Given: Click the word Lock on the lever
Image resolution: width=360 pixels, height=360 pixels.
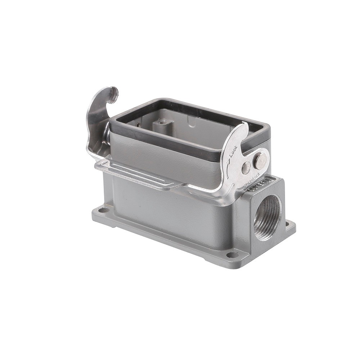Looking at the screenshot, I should (233, 151).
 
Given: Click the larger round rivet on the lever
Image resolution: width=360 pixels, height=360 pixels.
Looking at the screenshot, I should (260, 161).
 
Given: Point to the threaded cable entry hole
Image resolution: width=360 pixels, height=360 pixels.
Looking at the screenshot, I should (267, 217).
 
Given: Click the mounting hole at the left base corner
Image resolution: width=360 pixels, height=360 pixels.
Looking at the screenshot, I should (103, 210).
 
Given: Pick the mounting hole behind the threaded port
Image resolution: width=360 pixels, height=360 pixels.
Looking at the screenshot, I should (287, 224).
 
